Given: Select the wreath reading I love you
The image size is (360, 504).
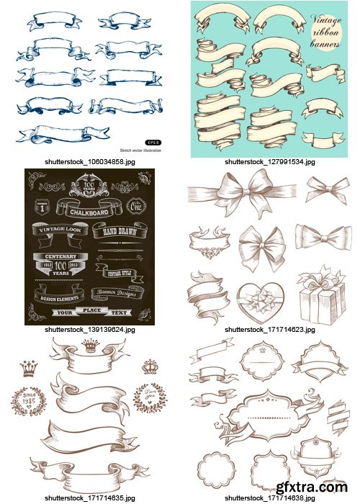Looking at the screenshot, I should pyautogui.click(x=149, y=397).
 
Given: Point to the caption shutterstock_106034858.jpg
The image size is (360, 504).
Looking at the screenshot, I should pyautogui.click(x=89, y=162).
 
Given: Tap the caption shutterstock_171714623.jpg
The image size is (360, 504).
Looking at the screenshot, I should pyautogui.click(x=269, y=329).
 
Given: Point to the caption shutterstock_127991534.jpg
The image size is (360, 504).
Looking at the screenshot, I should pyautogui.click(x=269, y=162).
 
